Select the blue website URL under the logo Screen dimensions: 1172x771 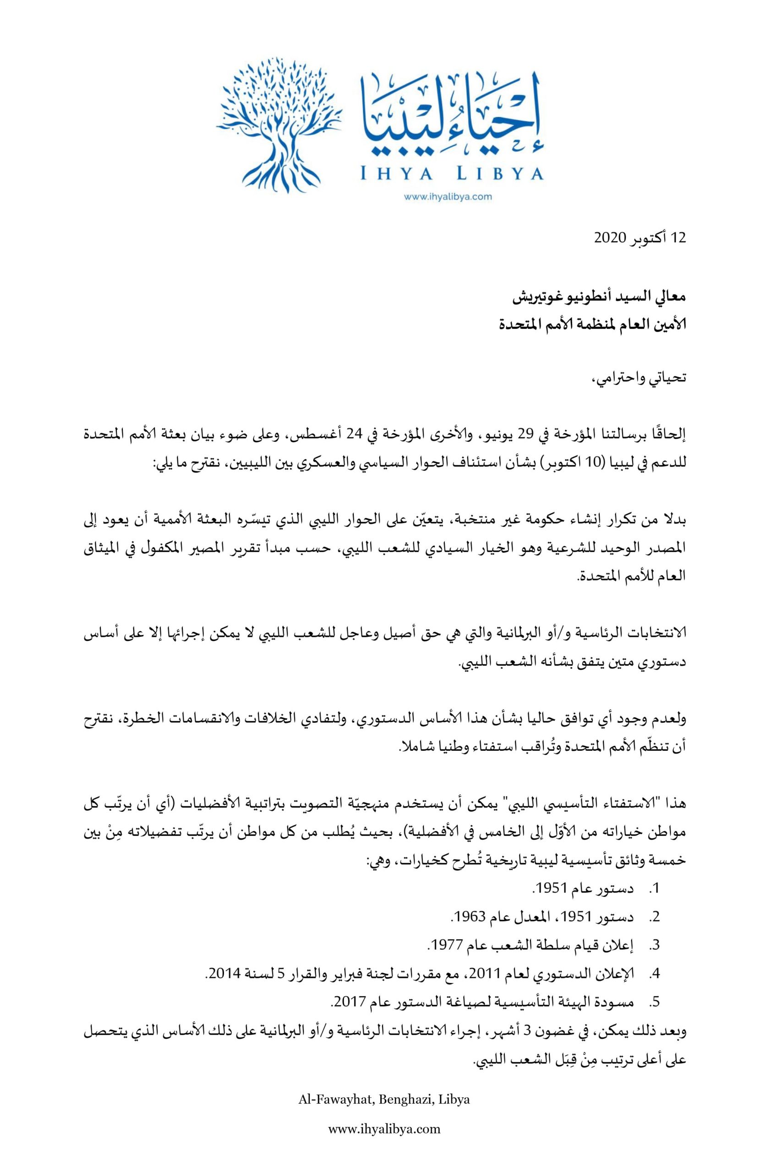coord(448,196)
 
